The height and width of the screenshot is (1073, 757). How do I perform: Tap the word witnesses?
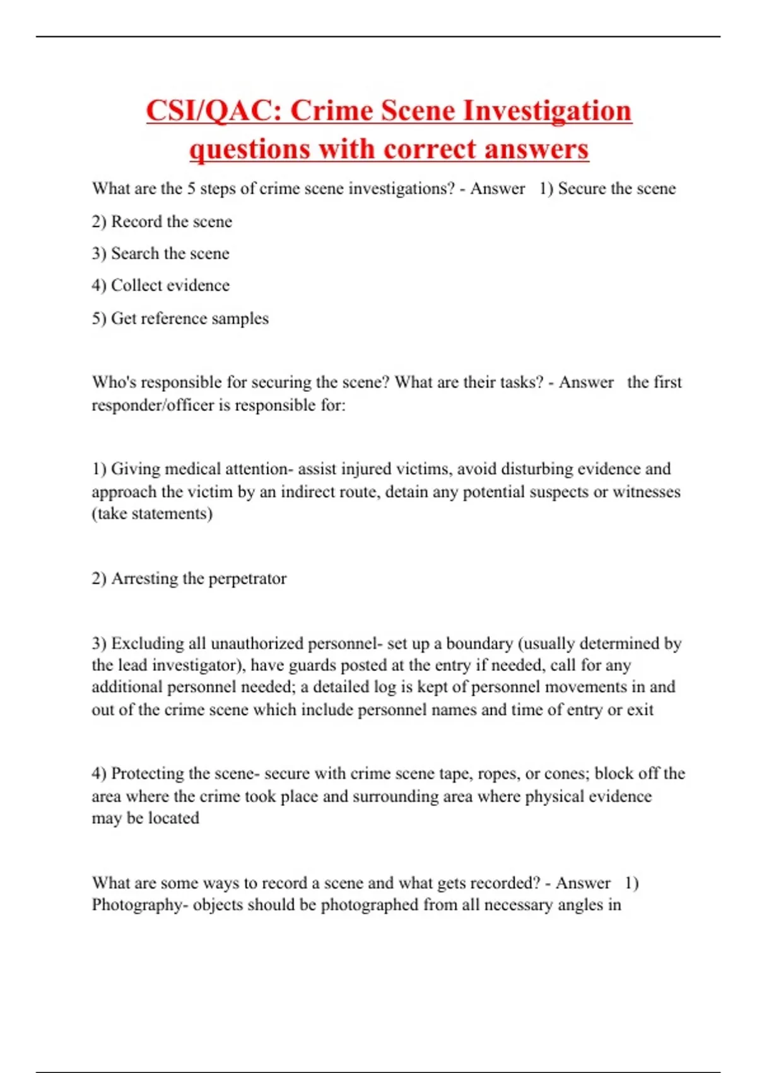[647, 492]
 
